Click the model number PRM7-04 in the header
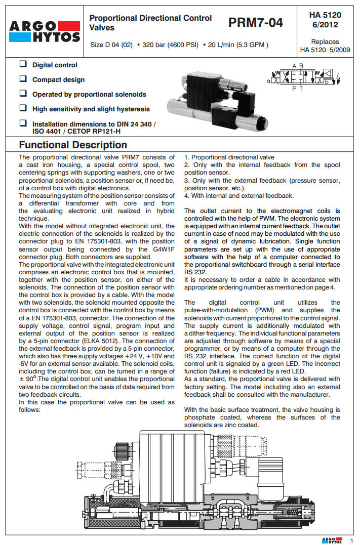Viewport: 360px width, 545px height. tap(255, 22)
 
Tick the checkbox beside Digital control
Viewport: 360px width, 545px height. tap(23, 65)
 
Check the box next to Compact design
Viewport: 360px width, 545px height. tap(23, 79)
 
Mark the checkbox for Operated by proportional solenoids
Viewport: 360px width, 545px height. tap(23, 94)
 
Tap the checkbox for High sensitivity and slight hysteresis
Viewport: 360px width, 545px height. tap(23, 108)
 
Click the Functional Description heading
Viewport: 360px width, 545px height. tap(72, 145)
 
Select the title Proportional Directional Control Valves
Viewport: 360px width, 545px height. tap(150, 22)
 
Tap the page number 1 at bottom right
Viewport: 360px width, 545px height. tap(351, 540)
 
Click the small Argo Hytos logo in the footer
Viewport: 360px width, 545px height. tap(332, 540)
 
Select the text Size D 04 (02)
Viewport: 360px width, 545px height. tap(111, 45)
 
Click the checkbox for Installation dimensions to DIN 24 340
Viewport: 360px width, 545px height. tap(23, 123)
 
